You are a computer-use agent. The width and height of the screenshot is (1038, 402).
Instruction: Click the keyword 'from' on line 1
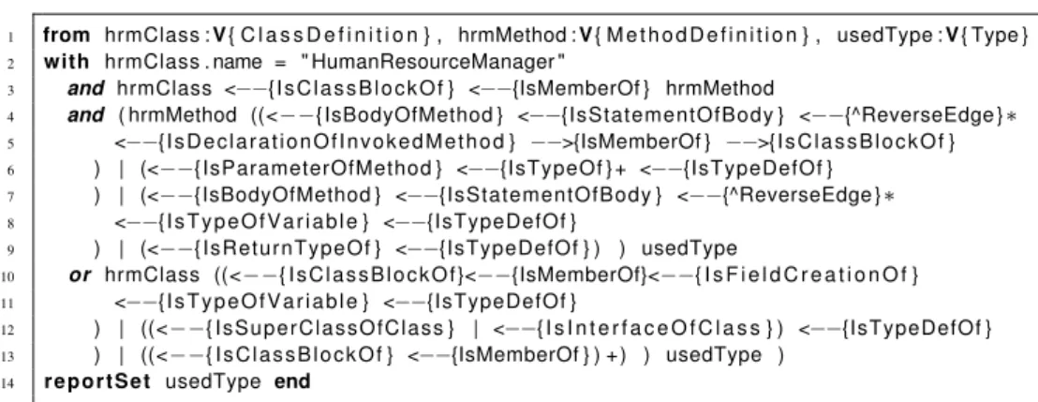66,35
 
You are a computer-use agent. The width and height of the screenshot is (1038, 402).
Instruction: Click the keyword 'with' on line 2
66,62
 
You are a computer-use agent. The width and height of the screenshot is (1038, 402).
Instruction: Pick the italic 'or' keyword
80,275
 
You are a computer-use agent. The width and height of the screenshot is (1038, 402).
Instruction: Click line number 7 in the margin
12,196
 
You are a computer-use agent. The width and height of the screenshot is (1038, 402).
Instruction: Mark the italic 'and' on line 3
86,88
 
